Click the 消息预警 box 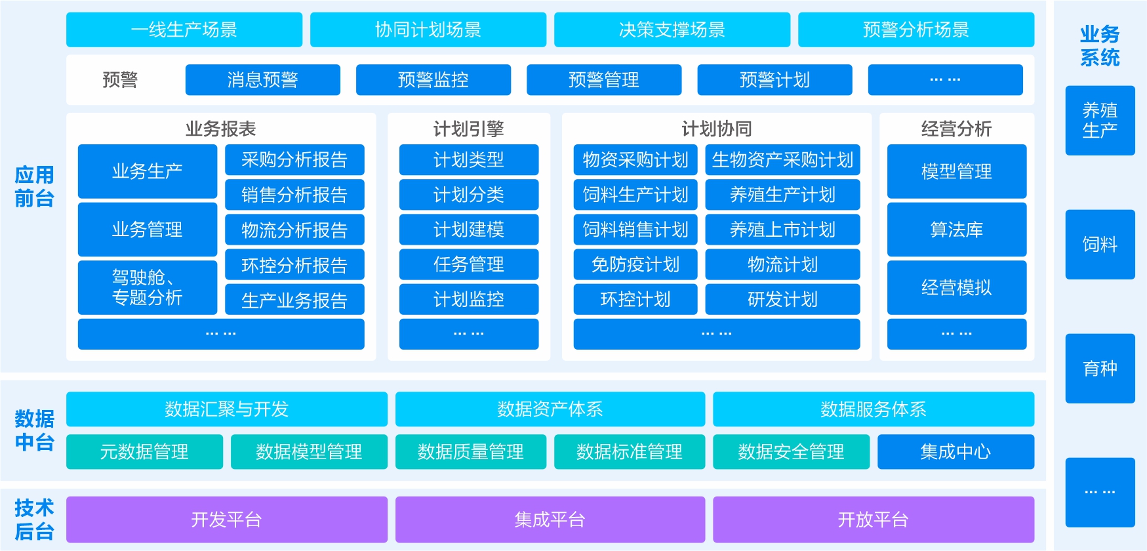[x=262, y=80]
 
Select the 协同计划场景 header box [x=428, y=30]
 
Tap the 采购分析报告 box [x=294, y=160]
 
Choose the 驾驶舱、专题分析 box [x=147, y=287]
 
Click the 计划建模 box [x=468, y=230]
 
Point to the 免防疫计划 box [x=635, y=264]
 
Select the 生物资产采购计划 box [x=782, y=160]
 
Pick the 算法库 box [x=956, y=230]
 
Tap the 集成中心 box [x=955, y=452]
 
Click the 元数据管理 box [x=144, y=452]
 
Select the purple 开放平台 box [x=873, y=520]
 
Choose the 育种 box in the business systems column [x=1100, y=369]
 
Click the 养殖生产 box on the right [x=1100, y=121]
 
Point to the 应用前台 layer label [x=34, y=187]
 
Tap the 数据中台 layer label [x=34, y=430]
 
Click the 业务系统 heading [x=1100, y=46]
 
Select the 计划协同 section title [x=716, y=129]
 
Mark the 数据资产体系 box [x=550, y=409]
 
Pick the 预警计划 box [x=775, y=80]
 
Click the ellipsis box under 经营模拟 [x=956, y=334]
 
